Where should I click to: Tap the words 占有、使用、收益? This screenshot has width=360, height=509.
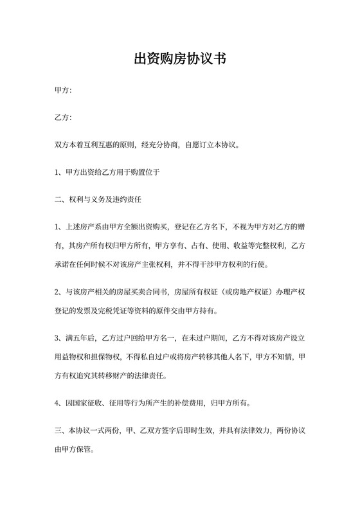[x=222, y=246]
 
